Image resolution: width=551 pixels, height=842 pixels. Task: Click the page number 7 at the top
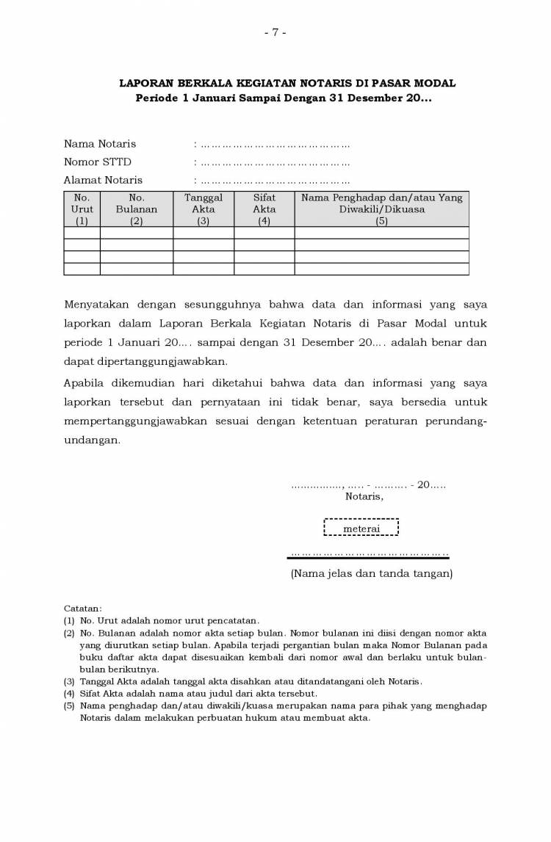(x=275, y=32)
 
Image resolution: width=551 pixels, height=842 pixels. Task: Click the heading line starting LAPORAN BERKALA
(x=287, y=84)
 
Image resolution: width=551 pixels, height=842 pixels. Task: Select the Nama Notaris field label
(x=100, y=144)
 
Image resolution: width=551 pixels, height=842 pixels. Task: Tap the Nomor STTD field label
(x=98, y=161)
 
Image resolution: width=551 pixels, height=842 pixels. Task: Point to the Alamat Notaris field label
(x=103, y=180)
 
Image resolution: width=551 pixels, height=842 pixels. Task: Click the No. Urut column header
(x=82, y=209)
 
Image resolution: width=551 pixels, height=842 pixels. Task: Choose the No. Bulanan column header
(x=137, y=209)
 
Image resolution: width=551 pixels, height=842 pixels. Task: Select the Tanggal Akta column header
(x=204, y=209)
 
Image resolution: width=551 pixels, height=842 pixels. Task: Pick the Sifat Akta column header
(x=264, y=209)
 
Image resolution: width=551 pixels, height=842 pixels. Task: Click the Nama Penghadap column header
(x=381, y=209)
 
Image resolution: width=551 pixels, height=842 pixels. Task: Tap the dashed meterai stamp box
(x=361, y=528)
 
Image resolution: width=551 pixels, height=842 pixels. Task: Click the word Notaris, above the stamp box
(x=364, y=496)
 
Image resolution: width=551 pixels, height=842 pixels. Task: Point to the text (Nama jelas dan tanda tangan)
(x=371, y=573)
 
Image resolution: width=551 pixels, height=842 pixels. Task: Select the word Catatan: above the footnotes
(x=83, y=609)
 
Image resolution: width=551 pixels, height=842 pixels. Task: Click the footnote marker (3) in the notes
(x=69, y=681)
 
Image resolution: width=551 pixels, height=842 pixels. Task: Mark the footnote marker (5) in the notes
(x=69, y=705)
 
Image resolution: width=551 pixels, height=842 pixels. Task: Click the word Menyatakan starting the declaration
(x=95, y=304)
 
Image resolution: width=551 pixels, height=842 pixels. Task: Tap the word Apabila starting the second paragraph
(x=86, y=383)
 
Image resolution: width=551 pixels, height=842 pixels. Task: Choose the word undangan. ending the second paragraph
(x=92, y=440)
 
